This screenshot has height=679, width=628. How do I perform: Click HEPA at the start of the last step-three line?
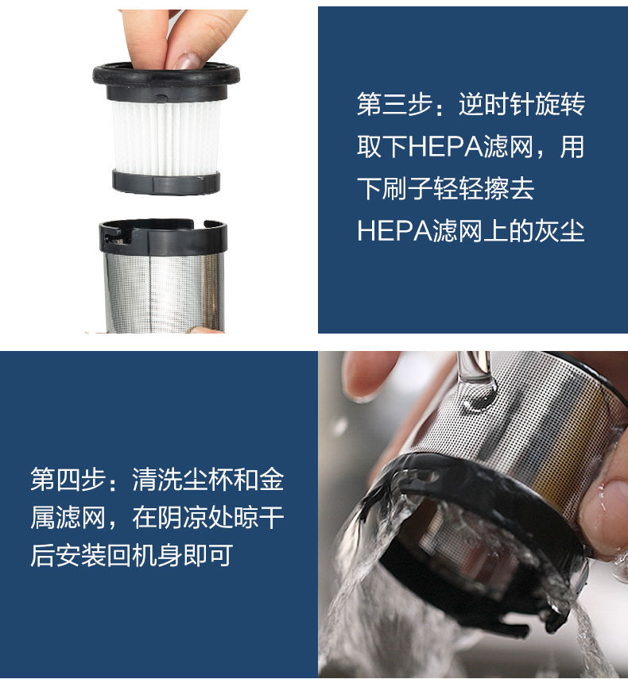pos(390,231)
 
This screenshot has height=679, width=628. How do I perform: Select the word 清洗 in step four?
pos(145,480)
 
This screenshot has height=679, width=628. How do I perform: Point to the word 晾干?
pos(259,518)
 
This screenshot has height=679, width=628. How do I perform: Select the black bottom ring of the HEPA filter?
pos(165,182)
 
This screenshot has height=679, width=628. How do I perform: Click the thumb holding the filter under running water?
pos(605,508)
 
